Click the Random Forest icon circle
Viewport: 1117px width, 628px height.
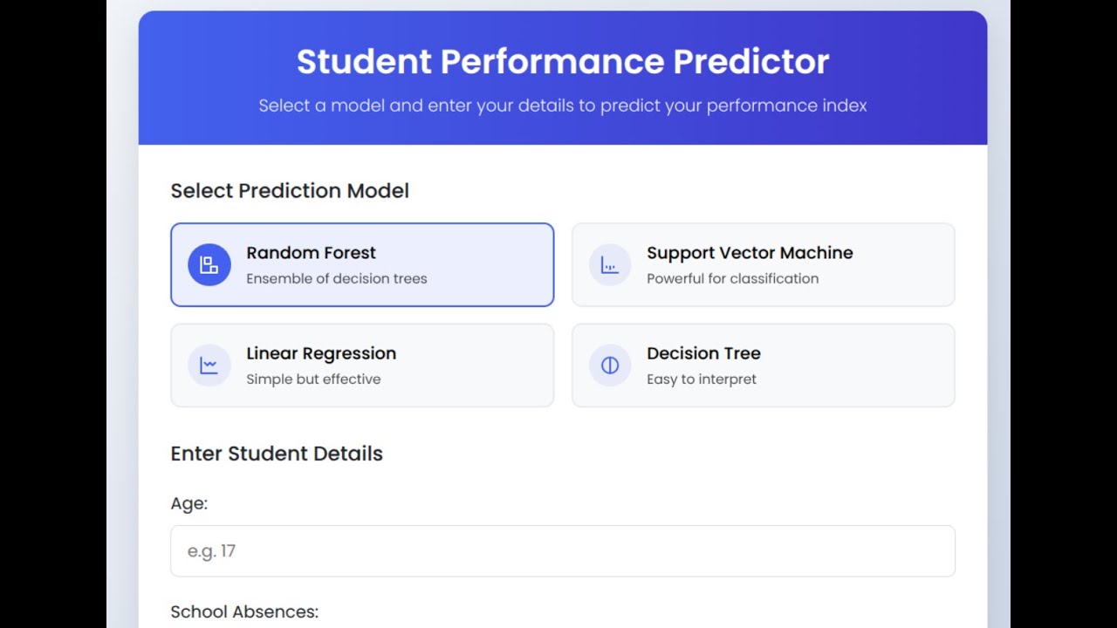[x=209, y=265]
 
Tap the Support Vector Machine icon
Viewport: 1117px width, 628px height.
[x=610, y=265]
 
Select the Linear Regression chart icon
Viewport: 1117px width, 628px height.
[x=209, y=365]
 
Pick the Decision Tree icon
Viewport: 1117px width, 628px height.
[x=610, y=365]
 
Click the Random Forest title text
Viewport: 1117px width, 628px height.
[x=311, y=253]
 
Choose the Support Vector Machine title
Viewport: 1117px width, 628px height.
[x=750, y=253]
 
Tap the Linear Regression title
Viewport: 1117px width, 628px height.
[x=321, y=353]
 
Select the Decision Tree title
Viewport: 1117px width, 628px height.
[x=703, y=353]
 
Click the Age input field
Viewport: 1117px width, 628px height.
[x=563, y=551]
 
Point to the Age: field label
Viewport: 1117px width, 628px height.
[x=189, y=503]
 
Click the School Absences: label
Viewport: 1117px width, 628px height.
[x=244, y=612]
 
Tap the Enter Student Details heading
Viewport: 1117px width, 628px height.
[x=277, y=454]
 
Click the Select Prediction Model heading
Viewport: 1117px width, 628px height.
[x=290, y=191]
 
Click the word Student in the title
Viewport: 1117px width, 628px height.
[x=364, y=62]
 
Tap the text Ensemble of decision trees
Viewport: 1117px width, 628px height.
[x=337, y=279]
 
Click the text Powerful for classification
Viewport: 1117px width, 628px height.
[x=732, y=279]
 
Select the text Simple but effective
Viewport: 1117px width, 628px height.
[x=313, y=379]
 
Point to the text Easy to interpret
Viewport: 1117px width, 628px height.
[x=702, y=379]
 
